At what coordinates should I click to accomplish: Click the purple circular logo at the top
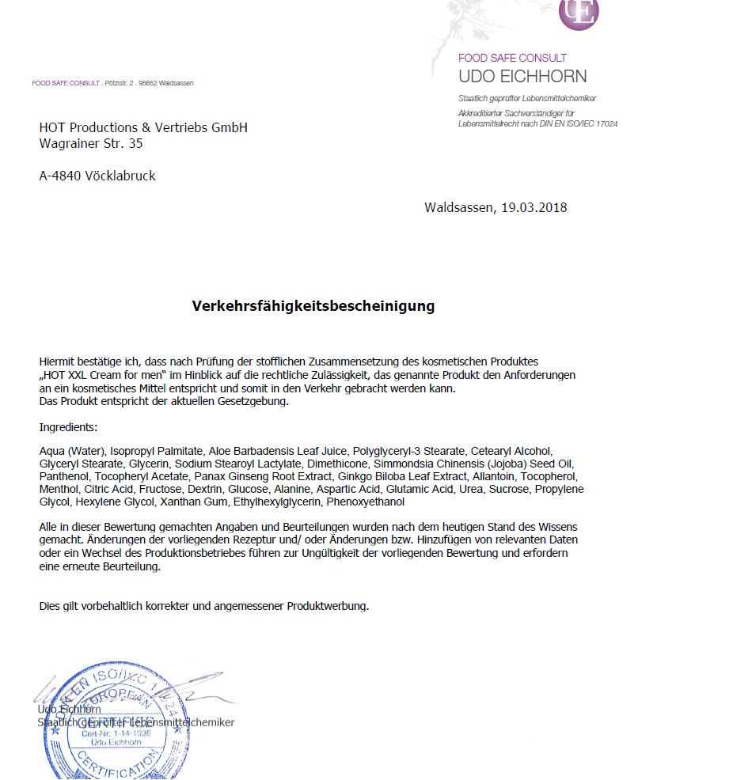pyautogui.click(x=579, y=12)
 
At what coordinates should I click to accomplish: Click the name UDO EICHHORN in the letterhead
pyautogui.click(x=522, y=77)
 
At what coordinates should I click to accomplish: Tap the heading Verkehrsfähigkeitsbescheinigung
pyautogui.click(x=313, y=305)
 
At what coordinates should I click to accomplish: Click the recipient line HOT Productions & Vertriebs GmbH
pyautogui.click(x=143, y=127)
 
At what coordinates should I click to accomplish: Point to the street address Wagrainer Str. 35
pyautogui.click(x=91, y=144)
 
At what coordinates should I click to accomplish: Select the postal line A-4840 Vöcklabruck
pyautogui.click(x=97, y=176)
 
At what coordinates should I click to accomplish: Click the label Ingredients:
pyautogui.click(x=68, y=427)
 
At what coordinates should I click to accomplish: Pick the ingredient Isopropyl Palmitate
pyautogui.click(x=149, y=451)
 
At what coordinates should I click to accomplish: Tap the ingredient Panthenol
pyautogui.click(x=64, y=476)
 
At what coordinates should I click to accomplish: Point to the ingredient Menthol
pyautogui.click(x=59, y=489)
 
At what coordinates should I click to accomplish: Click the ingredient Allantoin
pyautogui.click(x=496, y=476)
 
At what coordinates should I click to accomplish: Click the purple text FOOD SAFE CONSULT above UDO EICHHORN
pyautogui.click(x=512, y=58)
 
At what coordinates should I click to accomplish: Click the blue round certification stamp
pyautogui.click(x=102, y=725)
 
